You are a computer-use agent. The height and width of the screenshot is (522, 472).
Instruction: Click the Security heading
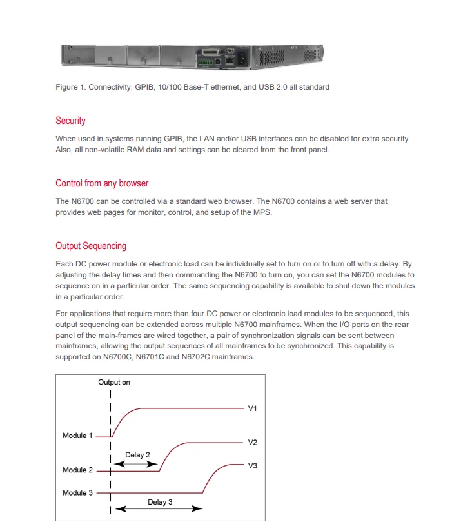[x=70, y=121]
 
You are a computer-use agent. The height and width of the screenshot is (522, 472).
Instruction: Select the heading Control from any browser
[x=102, y=183]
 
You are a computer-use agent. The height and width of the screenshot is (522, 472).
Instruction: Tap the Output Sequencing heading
[x=91, y=246]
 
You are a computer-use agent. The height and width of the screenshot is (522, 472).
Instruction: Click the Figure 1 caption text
[x=192, y=87]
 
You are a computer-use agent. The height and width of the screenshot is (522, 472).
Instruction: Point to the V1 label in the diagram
[x=253, y=408]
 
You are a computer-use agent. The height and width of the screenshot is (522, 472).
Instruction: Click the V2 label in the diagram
[x=253, y=443]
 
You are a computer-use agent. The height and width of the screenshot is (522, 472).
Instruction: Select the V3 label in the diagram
[x=253, y=465]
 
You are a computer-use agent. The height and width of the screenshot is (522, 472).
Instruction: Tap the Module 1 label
[x=78, y=436]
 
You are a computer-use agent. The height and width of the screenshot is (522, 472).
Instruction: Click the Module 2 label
[x=78, y=470]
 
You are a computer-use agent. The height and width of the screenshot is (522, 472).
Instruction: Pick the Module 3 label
[x=78, y=493]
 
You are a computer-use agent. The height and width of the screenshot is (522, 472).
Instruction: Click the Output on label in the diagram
[x=114, y=383]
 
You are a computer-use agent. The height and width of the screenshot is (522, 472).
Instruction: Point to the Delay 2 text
[x=137, y=455]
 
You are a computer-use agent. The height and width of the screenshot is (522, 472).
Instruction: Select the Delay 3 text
[x=160, y=502]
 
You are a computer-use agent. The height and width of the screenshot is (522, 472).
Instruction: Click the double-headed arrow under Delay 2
[x=137, y=464]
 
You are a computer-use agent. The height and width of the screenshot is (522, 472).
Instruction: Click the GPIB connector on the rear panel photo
[x=211, y=52]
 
